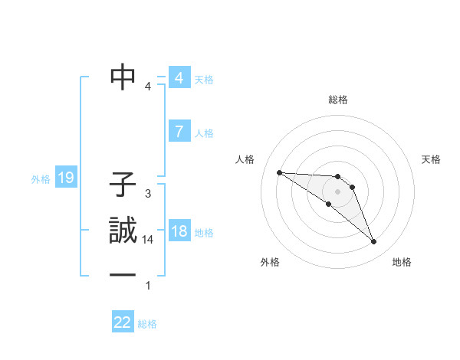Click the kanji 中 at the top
click(x=123, y=77)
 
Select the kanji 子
click(x=123, y=185)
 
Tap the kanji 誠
click(x=123, y=231)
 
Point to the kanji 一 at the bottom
click(x=123, y=276)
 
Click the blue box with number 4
click(x=179, y=78)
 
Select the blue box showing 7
click(x=179, y=132)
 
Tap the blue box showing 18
click(x=179, y=231)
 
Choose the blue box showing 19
click(x=66, y=178)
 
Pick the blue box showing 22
click(x=123, y=322)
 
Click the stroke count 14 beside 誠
click(x=148, y=240)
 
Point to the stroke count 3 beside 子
click(x=148, y=194)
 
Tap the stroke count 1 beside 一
click(x=148, y=286)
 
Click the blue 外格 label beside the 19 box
click(x=41, y=179)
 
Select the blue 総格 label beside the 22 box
click(x=147, y=324)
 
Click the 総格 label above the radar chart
click(x=337, y=100)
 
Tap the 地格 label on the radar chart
click(x=402, y=263)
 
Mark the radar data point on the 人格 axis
click(x=279, y=172)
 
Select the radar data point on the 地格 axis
click(x=374, y=242)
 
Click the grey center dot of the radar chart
click(x=337, y=191)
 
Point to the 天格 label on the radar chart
click(x=431, y=159)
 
